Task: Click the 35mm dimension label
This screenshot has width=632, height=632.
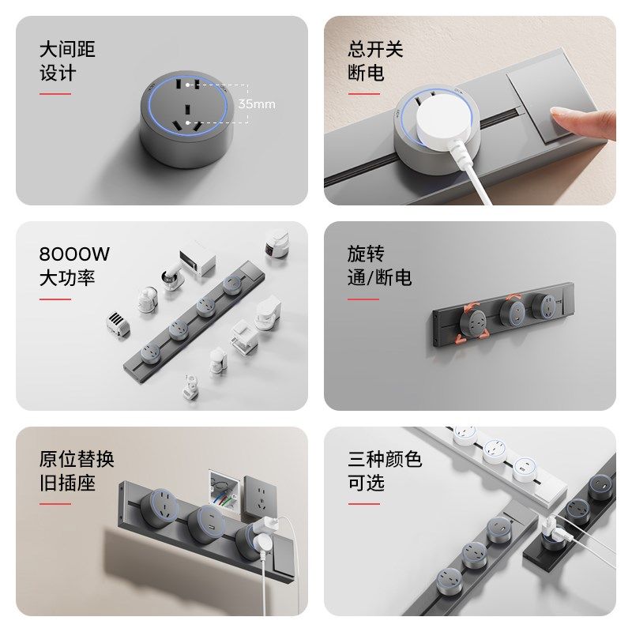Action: pos(257,104)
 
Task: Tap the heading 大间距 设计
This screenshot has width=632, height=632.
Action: pos(67,62)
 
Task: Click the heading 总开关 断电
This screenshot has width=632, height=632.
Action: pos(375,62)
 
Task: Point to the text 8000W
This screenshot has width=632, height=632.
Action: pos(74,254)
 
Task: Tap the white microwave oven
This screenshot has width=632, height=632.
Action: pos(197,261)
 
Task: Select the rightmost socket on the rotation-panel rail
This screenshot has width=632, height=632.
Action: pos(544,306)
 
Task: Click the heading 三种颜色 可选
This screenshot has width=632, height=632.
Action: pos(385,471)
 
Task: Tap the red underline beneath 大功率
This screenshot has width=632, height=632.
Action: pos(55,299)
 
